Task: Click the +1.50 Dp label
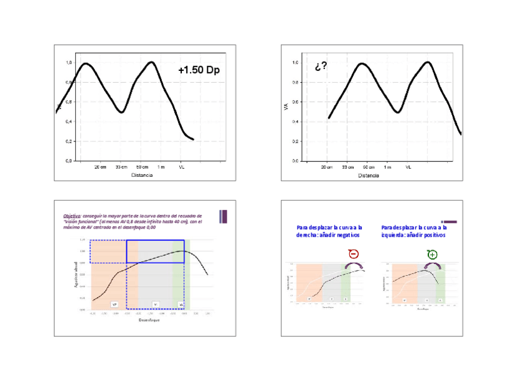point(198,70)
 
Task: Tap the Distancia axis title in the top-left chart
point(141,175)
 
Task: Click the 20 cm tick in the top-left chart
point(100,168)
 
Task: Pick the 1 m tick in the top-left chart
point(161,168)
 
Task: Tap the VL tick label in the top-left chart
point(182,168)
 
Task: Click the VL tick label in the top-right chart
point(408,168)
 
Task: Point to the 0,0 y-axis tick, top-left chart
point(69,161)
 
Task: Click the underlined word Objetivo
point(72,215)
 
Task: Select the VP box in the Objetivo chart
point(114,304)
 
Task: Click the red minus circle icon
point(353,254)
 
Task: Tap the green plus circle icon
point(432,255)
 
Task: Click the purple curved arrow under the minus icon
point(354,265)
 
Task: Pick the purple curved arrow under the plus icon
point(432,265)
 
